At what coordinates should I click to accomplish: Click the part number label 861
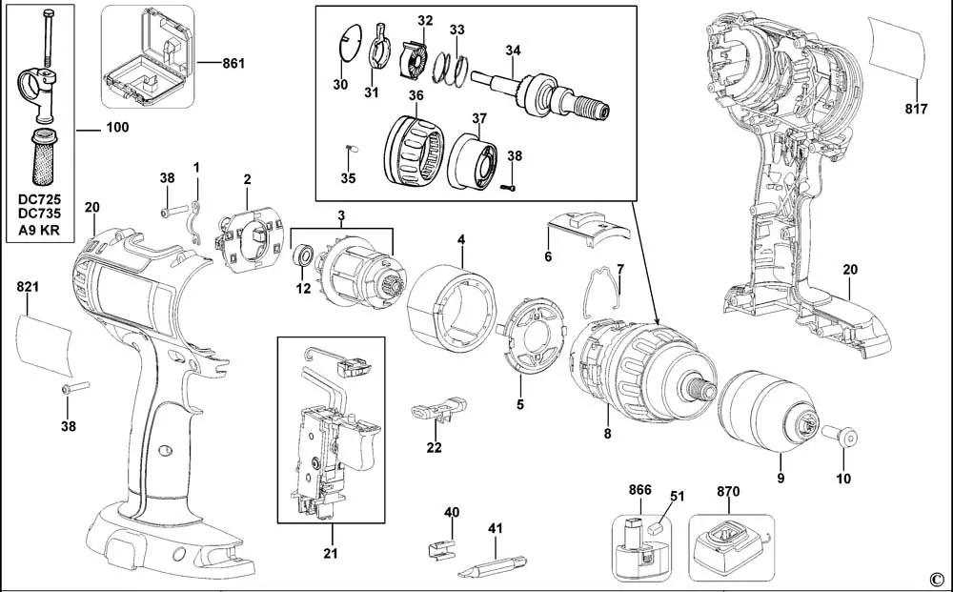tap(233, 63)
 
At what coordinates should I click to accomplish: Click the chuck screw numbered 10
tap(840, 437)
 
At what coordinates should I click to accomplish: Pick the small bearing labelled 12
tap(303, 255)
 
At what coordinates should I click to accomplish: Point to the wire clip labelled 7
tap(603, 292)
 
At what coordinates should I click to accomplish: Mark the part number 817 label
tap(916, 109)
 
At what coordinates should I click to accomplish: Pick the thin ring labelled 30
tap(350, 41)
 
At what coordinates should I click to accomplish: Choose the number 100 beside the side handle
tap(117, 127)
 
